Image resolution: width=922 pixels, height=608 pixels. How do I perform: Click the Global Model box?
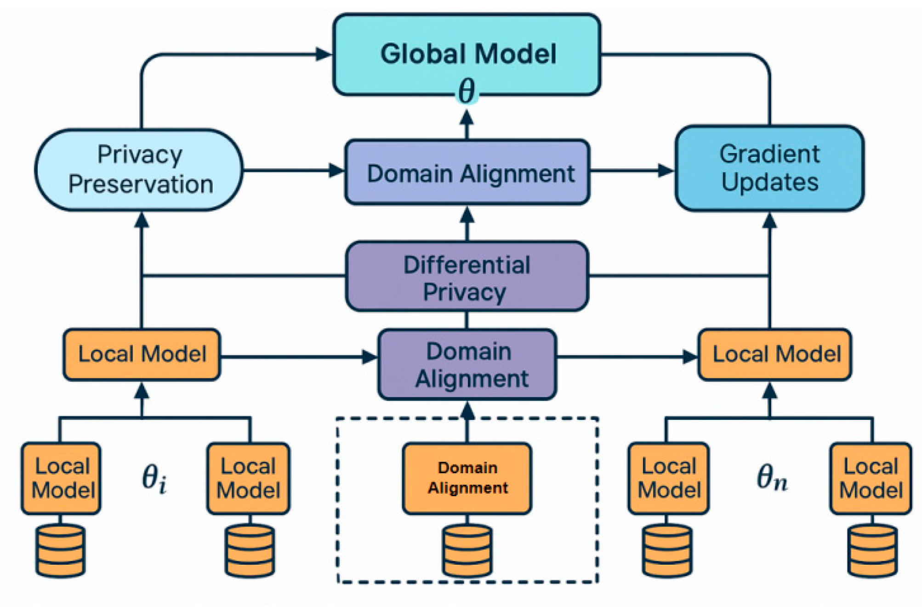(467, 54)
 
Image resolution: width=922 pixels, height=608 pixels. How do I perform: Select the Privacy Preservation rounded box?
(139, 170)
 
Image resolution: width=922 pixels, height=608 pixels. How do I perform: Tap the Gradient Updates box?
(769, 168)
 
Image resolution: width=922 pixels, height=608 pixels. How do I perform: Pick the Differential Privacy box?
(467, 277)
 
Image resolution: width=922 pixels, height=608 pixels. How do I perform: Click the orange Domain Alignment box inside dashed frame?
(467, 478)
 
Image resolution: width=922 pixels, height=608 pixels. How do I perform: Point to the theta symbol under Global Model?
(467, 91)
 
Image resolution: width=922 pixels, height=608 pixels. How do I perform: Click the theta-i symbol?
(154, 478)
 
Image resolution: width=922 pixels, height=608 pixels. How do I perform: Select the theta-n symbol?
(772, 478)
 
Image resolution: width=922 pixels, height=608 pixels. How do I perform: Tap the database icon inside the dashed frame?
(467, 551)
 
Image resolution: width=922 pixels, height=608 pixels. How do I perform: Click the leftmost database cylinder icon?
(60, 551)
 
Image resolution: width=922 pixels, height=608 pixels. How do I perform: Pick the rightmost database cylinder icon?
(872, 551)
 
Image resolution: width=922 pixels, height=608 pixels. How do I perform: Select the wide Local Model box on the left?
(142, 354)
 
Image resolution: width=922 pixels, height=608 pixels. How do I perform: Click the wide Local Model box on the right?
(775, 354)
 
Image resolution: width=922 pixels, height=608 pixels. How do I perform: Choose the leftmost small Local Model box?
(61, 478)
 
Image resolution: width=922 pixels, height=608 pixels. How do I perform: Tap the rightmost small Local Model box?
(871, 478)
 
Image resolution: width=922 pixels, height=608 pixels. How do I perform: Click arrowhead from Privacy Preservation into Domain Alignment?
(337, 171)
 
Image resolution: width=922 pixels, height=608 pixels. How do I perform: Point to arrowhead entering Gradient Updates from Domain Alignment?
(666, 171)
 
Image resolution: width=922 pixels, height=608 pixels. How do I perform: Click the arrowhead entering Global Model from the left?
(324, 54)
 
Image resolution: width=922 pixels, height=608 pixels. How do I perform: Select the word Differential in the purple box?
(467, 265)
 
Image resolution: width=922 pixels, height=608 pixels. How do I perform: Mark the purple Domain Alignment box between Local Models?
(467, 364)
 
